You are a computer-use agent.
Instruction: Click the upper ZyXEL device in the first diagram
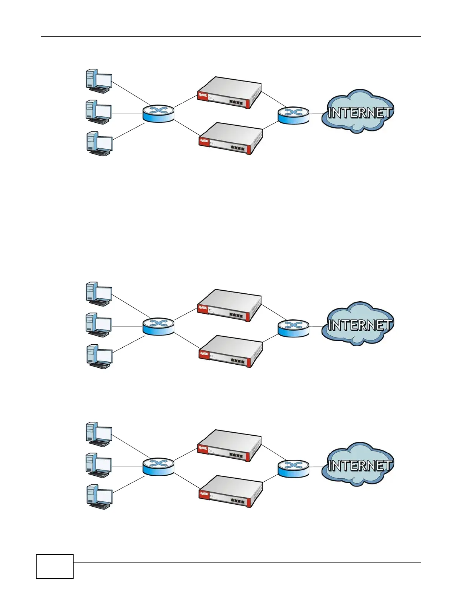229,93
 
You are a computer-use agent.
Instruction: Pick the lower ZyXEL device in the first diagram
231,139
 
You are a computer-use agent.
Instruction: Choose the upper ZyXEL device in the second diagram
229,305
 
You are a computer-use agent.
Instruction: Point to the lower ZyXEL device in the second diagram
231,351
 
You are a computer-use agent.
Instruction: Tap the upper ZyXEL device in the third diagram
229,445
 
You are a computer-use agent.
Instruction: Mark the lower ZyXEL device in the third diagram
231,492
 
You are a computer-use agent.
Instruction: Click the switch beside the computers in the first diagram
159,114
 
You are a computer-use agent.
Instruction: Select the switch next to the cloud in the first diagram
293,115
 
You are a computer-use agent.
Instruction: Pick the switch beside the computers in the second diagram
159,326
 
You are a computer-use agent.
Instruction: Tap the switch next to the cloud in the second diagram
293,327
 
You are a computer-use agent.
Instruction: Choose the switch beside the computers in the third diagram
159,467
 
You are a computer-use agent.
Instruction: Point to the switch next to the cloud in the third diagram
293,468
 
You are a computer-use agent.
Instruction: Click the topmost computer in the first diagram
99,81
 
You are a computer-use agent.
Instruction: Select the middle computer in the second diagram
99,325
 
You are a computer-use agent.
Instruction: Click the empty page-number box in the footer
55,566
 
